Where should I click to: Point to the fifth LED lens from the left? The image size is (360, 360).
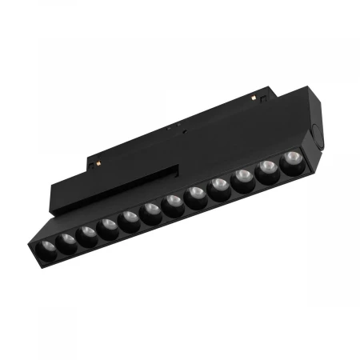(130, 221)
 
